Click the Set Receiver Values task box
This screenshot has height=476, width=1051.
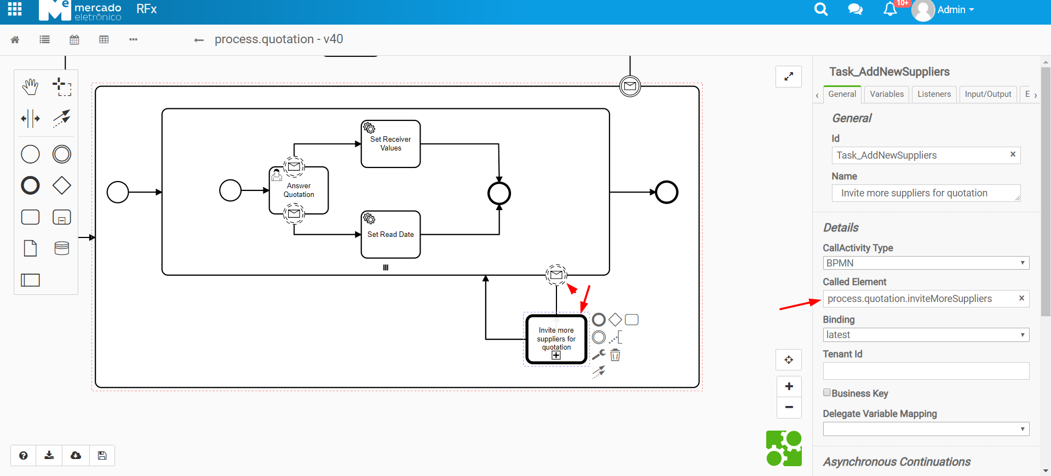point(390,144)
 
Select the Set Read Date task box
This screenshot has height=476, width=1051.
point(390,235)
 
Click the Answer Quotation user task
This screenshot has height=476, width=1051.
point(299,190)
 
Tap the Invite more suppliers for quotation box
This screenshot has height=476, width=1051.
point(556,339)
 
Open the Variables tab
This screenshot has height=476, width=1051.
point(886,94)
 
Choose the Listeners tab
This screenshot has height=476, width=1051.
point(934,94)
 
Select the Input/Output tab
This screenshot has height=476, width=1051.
point(987,94)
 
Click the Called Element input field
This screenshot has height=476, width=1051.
point(920,299)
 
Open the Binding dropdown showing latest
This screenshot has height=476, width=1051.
point(926,335)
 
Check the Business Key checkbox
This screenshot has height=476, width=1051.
point(827,392)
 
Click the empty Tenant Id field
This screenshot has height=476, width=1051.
point(926,371)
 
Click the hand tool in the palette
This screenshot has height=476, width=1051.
point(30,86)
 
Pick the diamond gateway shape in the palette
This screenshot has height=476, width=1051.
point(61,185)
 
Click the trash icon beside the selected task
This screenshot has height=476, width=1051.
point(615,356)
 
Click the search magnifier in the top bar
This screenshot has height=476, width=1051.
point(820,9)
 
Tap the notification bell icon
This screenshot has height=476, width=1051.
point(890,9)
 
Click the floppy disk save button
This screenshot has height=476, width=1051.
point(102,455)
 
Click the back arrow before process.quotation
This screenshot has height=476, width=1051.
point(199,40)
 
